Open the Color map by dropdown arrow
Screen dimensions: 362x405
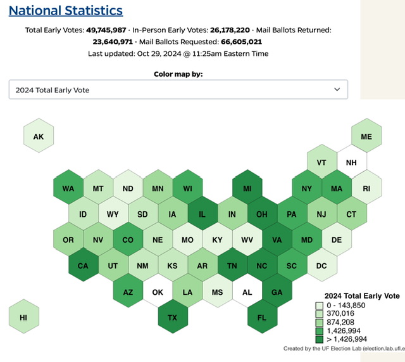(x=336, y=90)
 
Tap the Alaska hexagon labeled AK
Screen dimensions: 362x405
(x=39, y=136)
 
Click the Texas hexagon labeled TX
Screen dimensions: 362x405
(x=173, y=318)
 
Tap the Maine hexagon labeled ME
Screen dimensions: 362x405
(x=366, y=136)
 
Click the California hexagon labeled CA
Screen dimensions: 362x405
(x=84, y=266)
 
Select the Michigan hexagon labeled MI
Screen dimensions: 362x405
(x=247, y=188)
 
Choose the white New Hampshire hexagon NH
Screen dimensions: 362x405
(x=352, y=162)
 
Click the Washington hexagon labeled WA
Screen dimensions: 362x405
(x=68, y=188)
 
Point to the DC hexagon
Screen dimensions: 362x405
(x=321, y=266)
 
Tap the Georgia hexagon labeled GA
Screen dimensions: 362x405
(x=277, y=292)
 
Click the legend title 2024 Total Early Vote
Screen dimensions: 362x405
(x=361, y=295)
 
